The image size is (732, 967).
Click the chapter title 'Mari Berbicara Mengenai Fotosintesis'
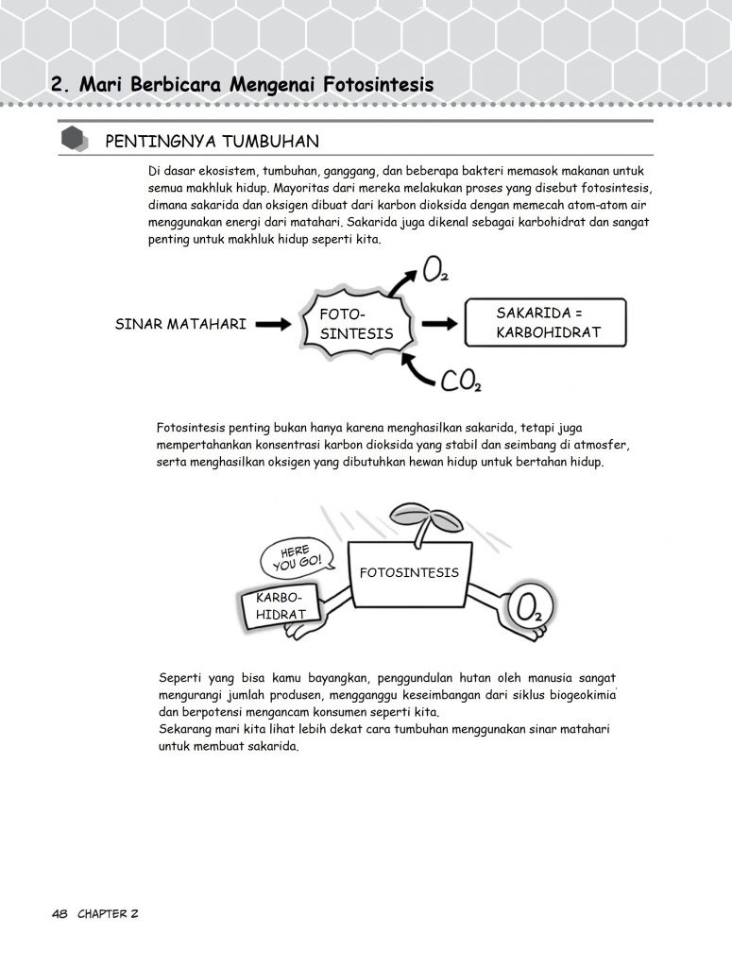(x=257, y=85)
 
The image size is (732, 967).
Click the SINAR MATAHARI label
(x=180, y=324)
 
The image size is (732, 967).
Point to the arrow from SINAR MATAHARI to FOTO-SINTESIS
(x=273, y=324)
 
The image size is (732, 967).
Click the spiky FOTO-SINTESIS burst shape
(x=356, y=324)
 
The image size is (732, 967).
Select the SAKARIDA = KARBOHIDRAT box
(x=545, y=323)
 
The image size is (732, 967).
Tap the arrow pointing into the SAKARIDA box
(x=440, y=324)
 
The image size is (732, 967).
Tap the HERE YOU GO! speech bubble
(x=297, y=557)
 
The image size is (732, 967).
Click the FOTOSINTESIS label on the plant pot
(x=409, y=572)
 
